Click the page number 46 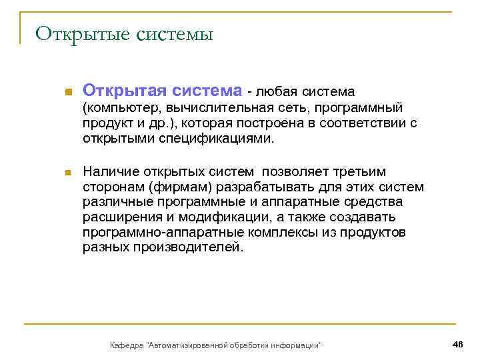click(x=457, y=343)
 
